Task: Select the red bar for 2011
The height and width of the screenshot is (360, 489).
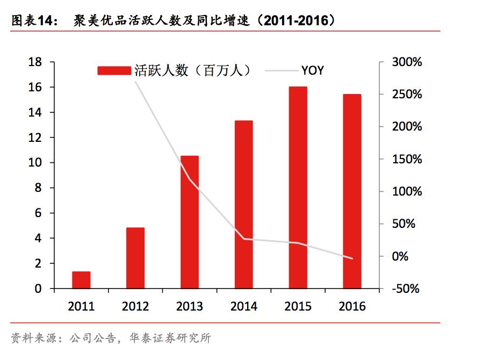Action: (81, 280)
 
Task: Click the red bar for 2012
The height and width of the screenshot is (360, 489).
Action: (135, 258)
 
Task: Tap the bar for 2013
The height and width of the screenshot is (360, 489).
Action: (189, 222)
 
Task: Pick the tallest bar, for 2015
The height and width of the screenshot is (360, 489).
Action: (298, 188)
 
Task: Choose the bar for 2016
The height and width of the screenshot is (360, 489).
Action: (352, 191)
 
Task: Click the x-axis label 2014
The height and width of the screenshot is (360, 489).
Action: (243, 306)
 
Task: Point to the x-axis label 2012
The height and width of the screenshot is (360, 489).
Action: (135, 306)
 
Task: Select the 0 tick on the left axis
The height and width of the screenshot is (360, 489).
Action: (38, 289)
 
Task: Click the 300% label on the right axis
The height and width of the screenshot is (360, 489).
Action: (407, 62)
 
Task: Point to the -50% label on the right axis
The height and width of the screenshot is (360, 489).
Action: (407, 289)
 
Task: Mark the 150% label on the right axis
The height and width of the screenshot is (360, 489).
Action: (407, 160)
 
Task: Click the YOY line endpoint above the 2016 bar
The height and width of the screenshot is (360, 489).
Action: (352, 258)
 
